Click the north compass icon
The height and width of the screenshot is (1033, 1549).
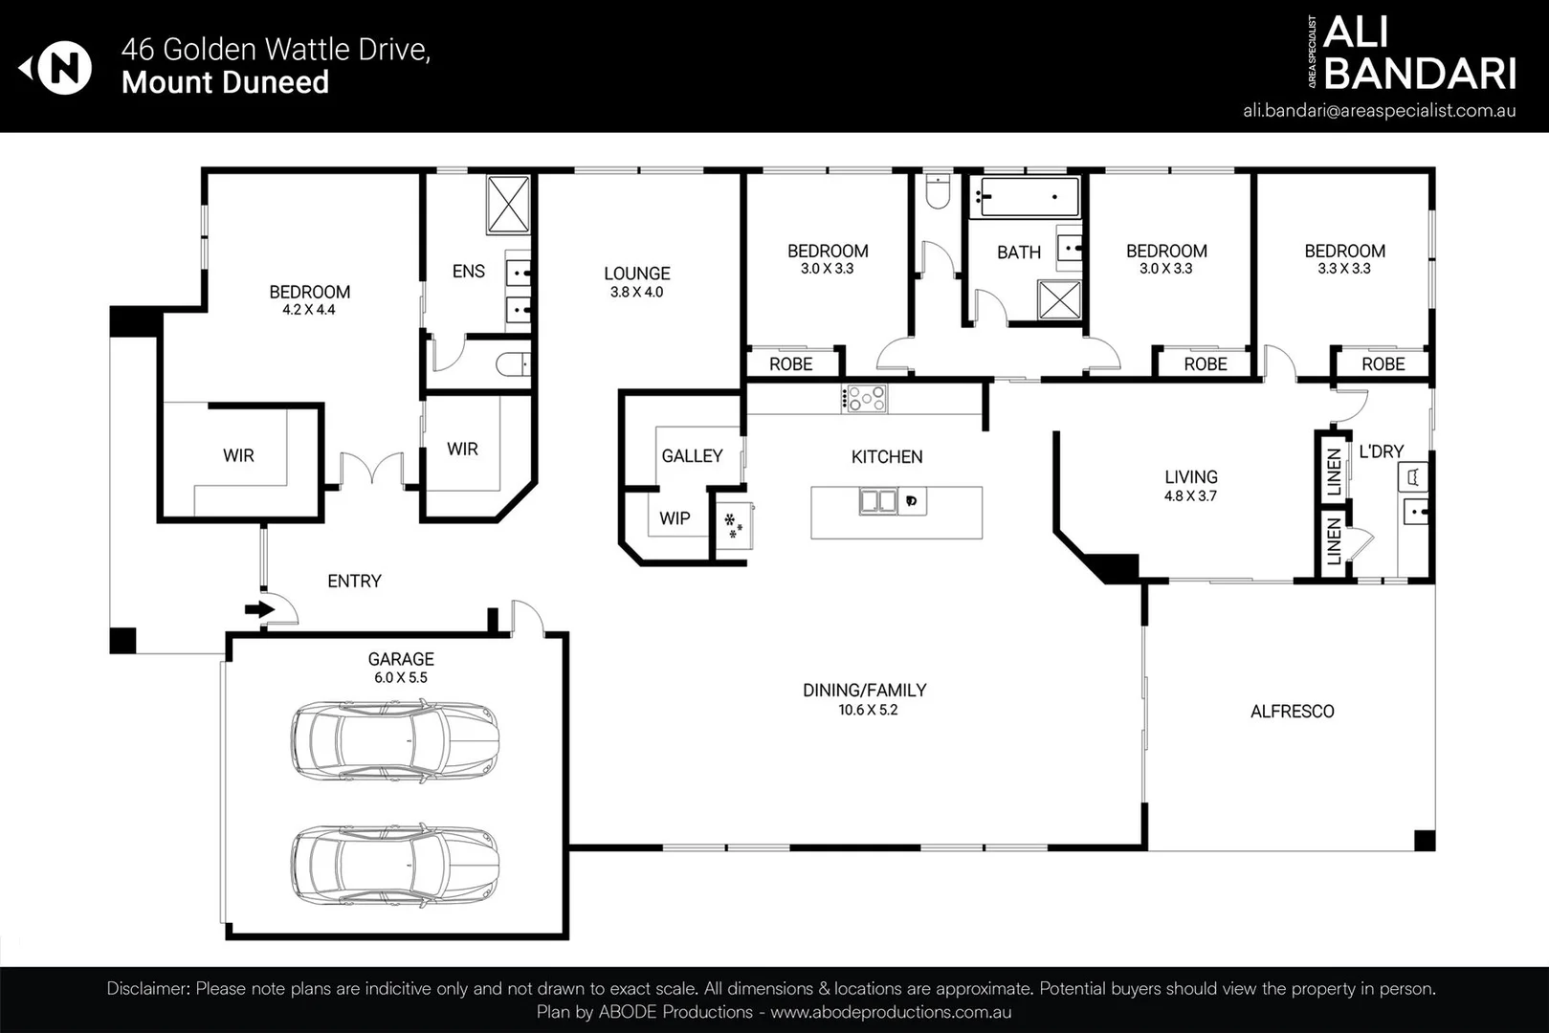(63, 68)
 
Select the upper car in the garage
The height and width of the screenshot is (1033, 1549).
(395, 740)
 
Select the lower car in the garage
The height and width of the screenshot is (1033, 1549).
(395, 866)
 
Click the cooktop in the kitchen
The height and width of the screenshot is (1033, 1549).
(865, 399)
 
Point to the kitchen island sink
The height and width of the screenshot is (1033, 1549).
(877, 501)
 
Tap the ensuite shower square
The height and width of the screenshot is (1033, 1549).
(508, 204)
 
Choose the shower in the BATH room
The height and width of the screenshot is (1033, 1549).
(1059, 300)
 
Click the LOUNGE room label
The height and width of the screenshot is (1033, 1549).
(636, 274)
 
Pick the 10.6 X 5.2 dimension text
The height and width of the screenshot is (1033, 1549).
(868, 710)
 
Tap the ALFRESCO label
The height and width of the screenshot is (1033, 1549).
(1292, 712)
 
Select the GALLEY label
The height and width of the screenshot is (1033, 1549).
(692, 456)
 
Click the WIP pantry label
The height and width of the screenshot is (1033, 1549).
(675, 518)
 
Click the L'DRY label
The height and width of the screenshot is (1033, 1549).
(1381, 451)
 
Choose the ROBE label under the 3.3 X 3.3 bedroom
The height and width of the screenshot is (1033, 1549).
(1383, 364)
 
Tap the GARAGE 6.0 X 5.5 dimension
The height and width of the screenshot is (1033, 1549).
(400, 677)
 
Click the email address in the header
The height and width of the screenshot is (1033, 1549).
(1379, 110)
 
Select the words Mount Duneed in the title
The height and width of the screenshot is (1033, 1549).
(225, 82)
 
